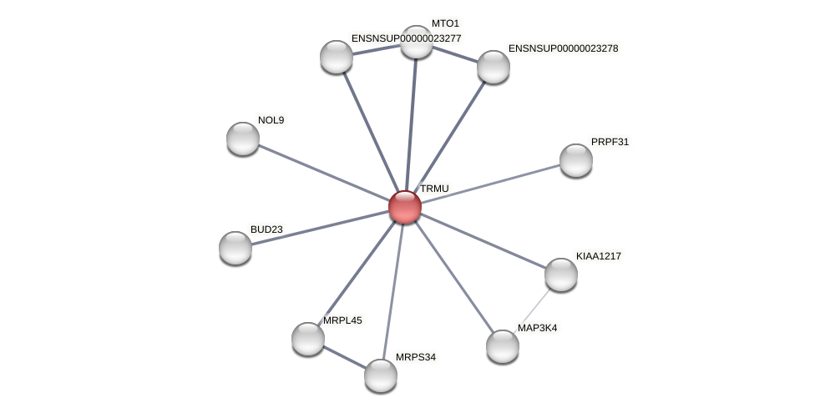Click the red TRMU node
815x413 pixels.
tap(405, 207)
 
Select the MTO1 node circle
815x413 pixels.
tap(417, 42)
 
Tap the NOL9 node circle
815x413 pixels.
tap(243, 139)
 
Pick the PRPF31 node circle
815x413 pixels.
tap(575, 160)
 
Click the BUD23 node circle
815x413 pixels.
tap(235, 248)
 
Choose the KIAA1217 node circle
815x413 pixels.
tap(561, 274)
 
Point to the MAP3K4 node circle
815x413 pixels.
tap(503, 346)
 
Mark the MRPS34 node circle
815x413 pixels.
tap(381, 375)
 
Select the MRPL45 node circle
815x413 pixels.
tap(308, 339)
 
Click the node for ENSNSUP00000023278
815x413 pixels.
tap(494, 67)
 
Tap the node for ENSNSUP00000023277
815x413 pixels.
tap(337, 57)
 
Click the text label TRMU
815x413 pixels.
tap(434, 189)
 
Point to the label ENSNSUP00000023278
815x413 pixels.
tap(563, 48)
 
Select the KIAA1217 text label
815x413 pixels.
tap(599, 256)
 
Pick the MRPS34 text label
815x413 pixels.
tap(416, 357)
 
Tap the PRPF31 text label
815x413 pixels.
tap(610, 142)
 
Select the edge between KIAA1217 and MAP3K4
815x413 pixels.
tap(534, 308)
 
